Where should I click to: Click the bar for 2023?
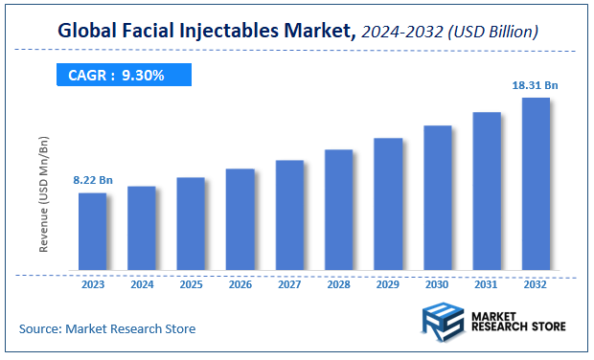[92, 232]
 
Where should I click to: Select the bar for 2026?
[240, 220]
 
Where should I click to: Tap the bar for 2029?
[388, 205]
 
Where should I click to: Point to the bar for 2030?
[437, 198]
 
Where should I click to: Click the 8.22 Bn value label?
[92, 180]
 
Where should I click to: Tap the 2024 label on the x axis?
[142, 283]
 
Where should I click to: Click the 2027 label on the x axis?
[289, 283]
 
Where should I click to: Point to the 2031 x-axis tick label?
[487, 283]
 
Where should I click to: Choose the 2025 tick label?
[191, 283]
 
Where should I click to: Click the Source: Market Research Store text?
[107, 328]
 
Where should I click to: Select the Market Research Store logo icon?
[442, 323]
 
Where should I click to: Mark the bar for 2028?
[338, 211]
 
